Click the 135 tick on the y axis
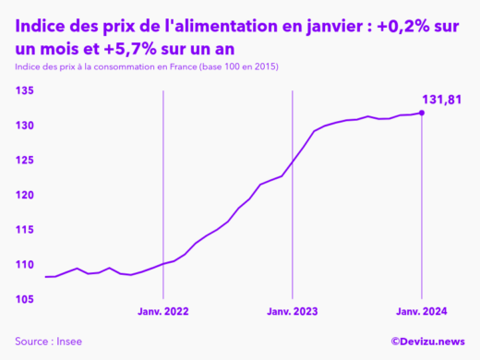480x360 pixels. tap(25, 90)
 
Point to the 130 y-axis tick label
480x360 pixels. tap(25, 126)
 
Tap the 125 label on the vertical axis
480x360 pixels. tap(25, 161)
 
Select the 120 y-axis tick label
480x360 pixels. tap(25, 196)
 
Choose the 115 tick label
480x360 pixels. tap(25, 230)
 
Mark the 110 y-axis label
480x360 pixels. tap(25, 265)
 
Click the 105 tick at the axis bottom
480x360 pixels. tap(25, 300)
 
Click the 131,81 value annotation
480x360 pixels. tap(441, 99)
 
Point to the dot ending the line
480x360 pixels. tap(422, 113)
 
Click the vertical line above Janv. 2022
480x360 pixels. tap(163, 185)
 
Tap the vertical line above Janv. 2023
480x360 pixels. tap(293, 138)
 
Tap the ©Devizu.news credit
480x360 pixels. tap(427, 342)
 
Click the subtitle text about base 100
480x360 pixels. tap(147, 68)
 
